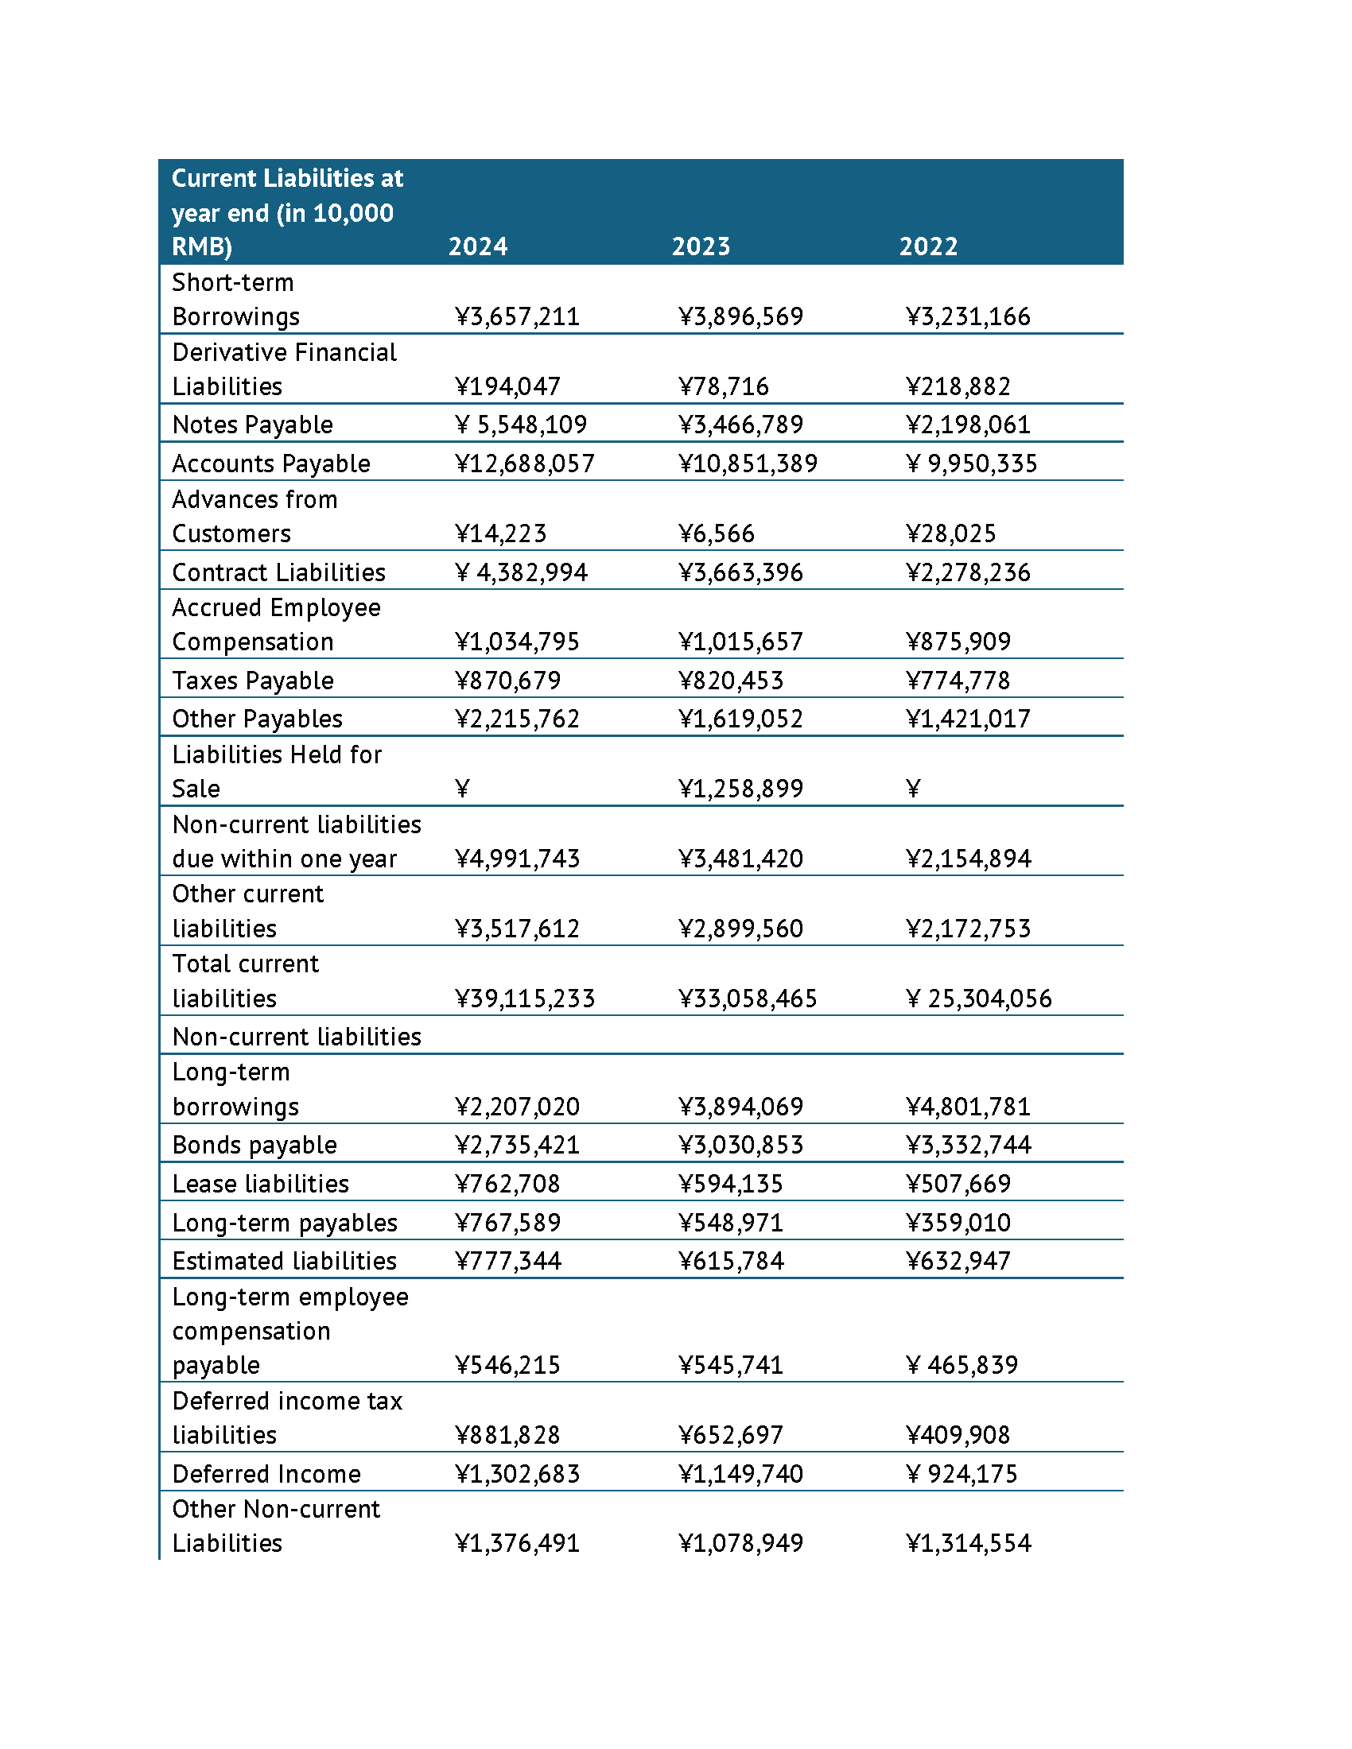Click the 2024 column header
pyautogui.click(x=477, y=246)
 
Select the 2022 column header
pyautogui.click(x=927, y=246)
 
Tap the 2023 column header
pyautogui.click(x=701, y=246)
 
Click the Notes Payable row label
pyautogui.click(x=252, y=425)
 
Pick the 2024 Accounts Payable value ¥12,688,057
pyautogui.click(x=525, y=463)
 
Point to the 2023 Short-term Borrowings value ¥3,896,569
pyautogui.click(x=741, y=316)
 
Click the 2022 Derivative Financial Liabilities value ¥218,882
pyautogui.click(x=958, y=387)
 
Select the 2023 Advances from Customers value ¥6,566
pyautogui.click(x=716, y=533)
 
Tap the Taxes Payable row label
pyautogui.click(x=252, y=681)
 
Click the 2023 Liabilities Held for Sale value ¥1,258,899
pyautogui.click(x=741, y=789)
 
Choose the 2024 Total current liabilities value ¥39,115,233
pyautogui.click(x=525, y=999)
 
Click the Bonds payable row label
pyautogui.click(x=254, y=1145)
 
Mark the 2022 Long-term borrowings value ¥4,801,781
pyautogui.click(x=969, y=1107)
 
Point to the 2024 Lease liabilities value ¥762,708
pyautogui.click(x=508, y=1184)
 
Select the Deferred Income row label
pyautogui.click(x=266, y=1474)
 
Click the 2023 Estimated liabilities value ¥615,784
pyautogui.click(x=731, y=1262)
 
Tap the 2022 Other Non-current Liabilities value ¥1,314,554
pyautogui.click(x=969, y=1543)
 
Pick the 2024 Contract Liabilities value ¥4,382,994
pyautogui.click(x=522, y=572)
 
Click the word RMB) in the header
pyautogui.click(x=202, y=246)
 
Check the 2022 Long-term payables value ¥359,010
pyautogui.click(x=958, y=1223)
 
